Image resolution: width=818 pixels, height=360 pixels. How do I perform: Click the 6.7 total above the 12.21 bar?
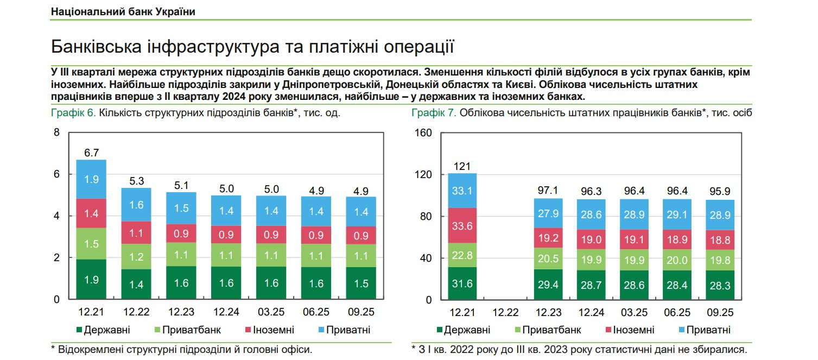pyautogui.click(x=91, y=153)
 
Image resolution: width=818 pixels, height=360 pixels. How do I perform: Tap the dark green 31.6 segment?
pyautogui.click(x=462, y=284)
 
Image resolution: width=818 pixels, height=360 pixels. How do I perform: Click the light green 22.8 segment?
pyautogui.click(x=462, y=255)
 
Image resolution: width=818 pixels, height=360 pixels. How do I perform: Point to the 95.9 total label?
pyautogui.click(x=720, y=192)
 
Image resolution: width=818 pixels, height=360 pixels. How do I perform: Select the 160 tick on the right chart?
pyautogui.click(x=423, y=133)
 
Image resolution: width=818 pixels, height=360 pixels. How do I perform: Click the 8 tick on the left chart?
pyautogui.click(x=56, y=133)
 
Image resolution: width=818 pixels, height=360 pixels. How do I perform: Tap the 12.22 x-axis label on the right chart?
pyautogui.click(x=505, y=313)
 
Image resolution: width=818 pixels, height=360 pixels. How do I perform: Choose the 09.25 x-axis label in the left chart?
pyautogui.click(x=362, y=313)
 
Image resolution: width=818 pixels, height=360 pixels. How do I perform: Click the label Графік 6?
pyautogui.click(x=73, y=113)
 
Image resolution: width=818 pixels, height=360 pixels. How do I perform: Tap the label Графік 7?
pyautogui.click(x=434, y=113)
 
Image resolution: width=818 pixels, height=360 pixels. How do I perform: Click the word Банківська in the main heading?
pyautogui.click(x=96, y=47)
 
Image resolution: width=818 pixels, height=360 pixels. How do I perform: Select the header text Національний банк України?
pyautogui.click(x=123, y=11)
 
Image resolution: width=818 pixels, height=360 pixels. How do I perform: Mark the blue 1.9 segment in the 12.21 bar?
pyautogui.click(x=91, y=180)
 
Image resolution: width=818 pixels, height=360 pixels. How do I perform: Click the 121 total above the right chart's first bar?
pyautogui.click(x=462, y=166)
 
